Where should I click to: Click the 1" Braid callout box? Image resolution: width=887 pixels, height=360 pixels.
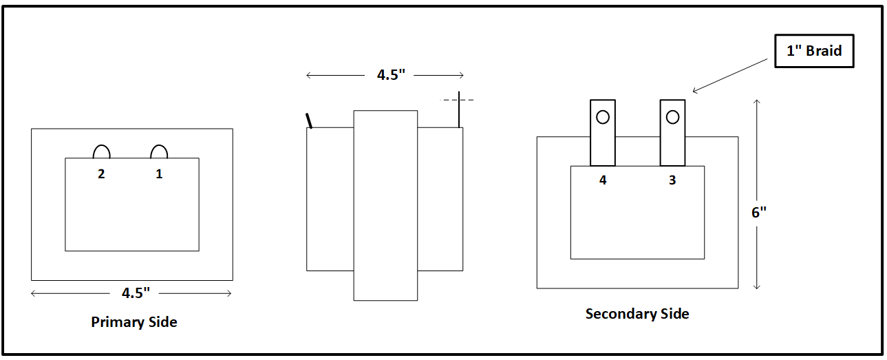[x=814, y=51]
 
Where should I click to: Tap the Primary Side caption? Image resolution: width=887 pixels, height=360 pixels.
[x=134, y=322]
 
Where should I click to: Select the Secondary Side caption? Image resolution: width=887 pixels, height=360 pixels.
[x=637, y=314]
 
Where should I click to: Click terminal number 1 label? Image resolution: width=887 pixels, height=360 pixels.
[x=159, y=174]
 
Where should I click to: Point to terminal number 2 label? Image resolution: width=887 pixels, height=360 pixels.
[x=101, y=174]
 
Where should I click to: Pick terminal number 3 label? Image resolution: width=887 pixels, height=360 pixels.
[x=672, y=180]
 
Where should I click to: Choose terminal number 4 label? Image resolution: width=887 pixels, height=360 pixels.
[x=603, y=180]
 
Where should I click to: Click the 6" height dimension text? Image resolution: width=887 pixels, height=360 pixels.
[x=758, y=213]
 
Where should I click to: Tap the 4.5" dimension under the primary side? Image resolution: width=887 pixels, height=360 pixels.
[x=136, y=293]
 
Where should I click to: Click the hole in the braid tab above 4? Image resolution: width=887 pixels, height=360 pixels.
[x=603, y=117]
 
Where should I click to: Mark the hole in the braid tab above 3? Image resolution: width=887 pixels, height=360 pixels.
[x=672, y=117]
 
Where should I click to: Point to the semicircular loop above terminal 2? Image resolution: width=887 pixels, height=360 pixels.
[x=101, y=152]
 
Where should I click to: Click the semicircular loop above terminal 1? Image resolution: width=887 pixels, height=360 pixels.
[x=159, y=152]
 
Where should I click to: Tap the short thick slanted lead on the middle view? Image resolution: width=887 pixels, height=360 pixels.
[x=310, y=120]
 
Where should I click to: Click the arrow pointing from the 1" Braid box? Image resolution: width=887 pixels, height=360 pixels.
[x=729, y=75]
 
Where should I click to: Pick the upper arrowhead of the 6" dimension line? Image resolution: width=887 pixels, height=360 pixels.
[x=757, y=103]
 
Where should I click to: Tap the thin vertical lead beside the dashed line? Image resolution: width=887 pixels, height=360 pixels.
[x=459, y=114]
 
